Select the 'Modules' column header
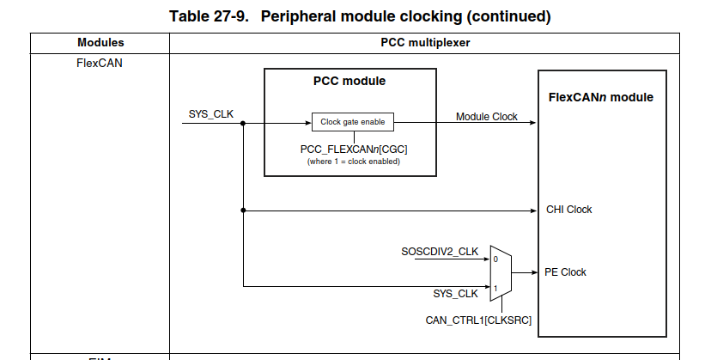[x=100, y=42]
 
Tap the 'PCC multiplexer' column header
[x=425, y=42]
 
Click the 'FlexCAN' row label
[x=100, y=62]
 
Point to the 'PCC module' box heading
[x=349, y=82]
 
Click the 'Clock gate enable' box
[x=352, y=122]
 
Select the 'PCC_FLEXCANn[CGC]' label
[x=353, y=149]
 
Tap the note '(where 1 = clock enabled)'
[x=353, y=162]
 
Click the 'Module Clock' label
[x=486, y=117]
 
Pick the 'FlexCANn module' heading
[x=601, y=97]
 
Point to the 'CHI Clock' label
[x=568, y=210]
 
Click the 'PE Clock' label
[x=565, y=272]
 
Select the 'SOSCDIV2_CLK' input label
[x=440, y=252]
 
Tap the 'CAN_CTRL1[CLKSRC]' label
[x=479, y=320]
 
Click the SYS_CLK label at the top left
[x=211, y=114]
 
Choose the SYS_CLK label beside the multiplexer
[x=455, y=294]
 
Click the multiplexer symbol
[x=501, y=272]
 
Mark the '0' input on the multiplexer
[x=495, y=259]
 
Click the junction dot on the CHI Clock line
[x=244, y=210]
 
